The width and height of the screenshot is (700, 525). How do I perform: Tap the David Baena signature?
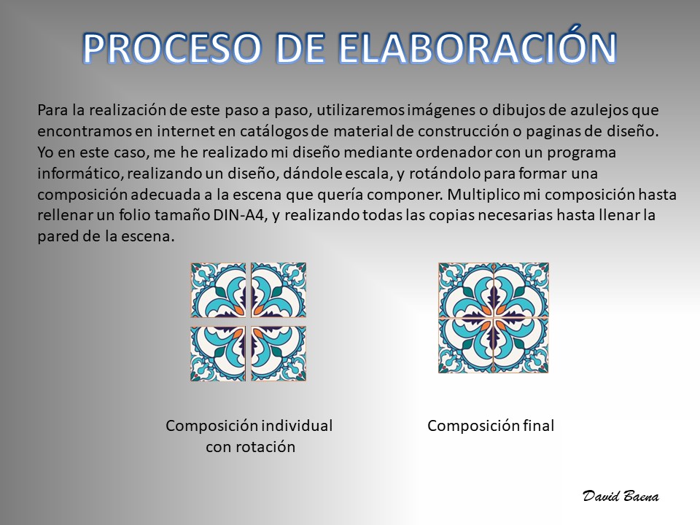pyautogui.click(x=621, y=497)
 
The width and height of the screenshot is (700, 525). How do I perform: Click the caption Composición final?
pyautogui.click(x=491, y=425)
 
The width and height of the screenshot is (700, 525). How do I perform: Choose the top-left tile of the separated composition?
pyautogui.click(x=218, y=289)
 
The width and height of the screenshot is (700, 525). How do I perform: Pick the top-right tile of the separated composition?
pyautogui.click(x=279, y=289)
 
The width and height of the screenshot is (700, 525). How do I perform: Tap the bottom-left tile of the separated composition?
pyautogui.click(x=218, y=354)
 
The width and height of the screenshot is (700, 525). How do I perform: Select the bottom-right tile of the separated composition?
pyautogui.click(x=279, y=354)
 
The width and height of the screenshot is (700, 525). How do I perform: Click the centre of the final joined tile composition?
pyautogui.click(x=494, y=318)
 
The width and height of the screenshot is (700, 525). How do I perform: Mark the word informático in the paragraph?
pyautogui.click(x=80, y=174)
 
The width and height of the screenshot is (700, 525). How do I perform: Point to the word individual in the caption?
pyautogui.click(x=297, y=425)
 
